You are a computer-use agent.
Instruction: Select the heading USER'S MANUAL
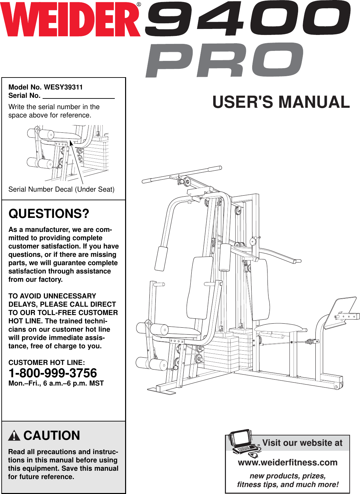(x=281, y=102)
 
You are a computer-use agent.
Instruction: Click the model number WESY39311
(x=63, y=87)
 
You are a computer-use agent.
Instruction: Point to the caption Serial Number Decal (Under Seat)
(x=61, y=189)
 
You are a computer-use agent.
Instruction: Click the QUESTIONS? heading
(x=49, y=214)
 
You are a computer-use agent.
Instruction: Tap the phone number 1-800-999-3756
(x=53, y=373)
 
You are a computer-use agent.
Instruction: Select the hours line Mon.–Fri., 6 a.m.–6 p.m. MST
(x=56, y=383)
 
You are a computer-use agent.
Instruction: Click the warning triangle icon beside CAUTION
(x=14, y=436)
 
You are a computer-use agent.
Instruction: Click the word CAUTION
(x=52, y=435)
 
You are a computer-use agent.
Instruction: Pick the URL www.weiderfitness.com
(x=288, y=462)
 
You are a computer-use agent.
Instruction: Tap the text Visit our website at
(x=302, y=443)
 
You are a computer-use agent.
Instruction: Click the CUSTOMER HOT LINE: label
(x=47, y=363)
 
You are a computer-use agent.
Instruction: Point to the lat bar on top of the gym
(x=182, y=175)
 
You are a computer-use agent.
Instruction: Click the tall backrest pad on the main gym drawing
(x=200, y=288)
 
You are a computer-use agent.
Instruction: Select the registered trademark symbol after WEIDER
(x=139, y=4)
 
